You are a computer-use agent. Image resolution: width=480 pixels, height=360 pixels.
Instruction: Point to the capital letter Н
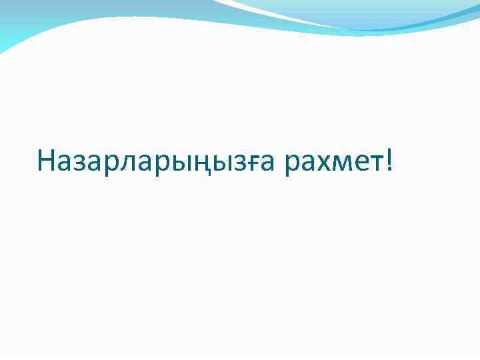pos(47,160)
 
